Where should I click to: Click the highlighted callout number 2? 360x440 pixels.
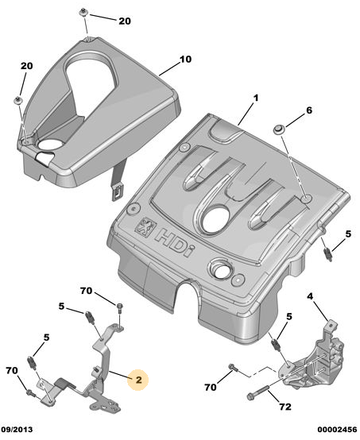click(x=138, y=380)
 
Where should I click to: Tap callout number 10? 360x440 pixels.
click(x=185, y=60)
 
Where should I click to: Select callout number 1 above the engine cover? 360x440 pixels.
click(x=256, y=98)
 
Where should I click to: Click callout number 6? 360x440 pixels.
click(x=309, y=110)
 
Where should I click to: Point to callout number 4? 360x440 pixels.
click(x=310, y=296)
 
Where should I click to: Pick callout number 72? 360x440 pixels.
click(x=285, y=407)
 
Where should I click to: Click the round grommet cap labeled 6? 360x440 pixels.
click(x=280, y=130)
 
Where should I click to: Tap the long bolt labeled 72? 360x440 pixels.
click(x=257, y=392)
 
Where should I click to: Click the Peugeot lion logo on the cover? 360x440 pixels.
click(x=145, y=226)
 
